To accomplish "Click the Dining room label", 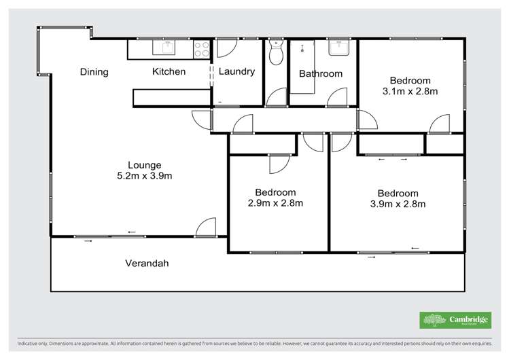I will [x=94, y=72].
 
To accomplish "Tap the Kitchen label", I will [x=169, y=72].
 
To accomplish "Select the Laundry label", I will [x=236, y=71].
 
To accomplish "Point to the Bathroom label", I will [x=321, y=74].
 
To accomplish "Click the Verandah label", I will [x=146, y=264].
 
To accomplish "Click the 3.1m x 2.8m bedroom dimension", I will [x=409, y=90].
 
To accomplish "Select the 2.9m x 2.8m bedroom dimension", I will [x=275, y=202].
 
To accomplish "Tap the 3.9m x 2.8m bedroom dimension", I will [x=398, y=203].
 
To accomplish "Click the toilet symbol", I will [x=275, y=52].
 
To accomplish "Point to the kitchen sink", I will [x=165, y=47].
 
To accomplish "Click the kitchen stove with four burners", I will [x=201, y=48].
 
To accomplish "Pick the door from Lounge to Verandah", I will [x=206, y=228].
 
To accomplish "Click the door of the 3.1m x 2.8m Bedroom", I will [x=439, y=124].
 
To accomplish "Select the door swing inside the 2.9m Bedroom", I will [x=279, y=164].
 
